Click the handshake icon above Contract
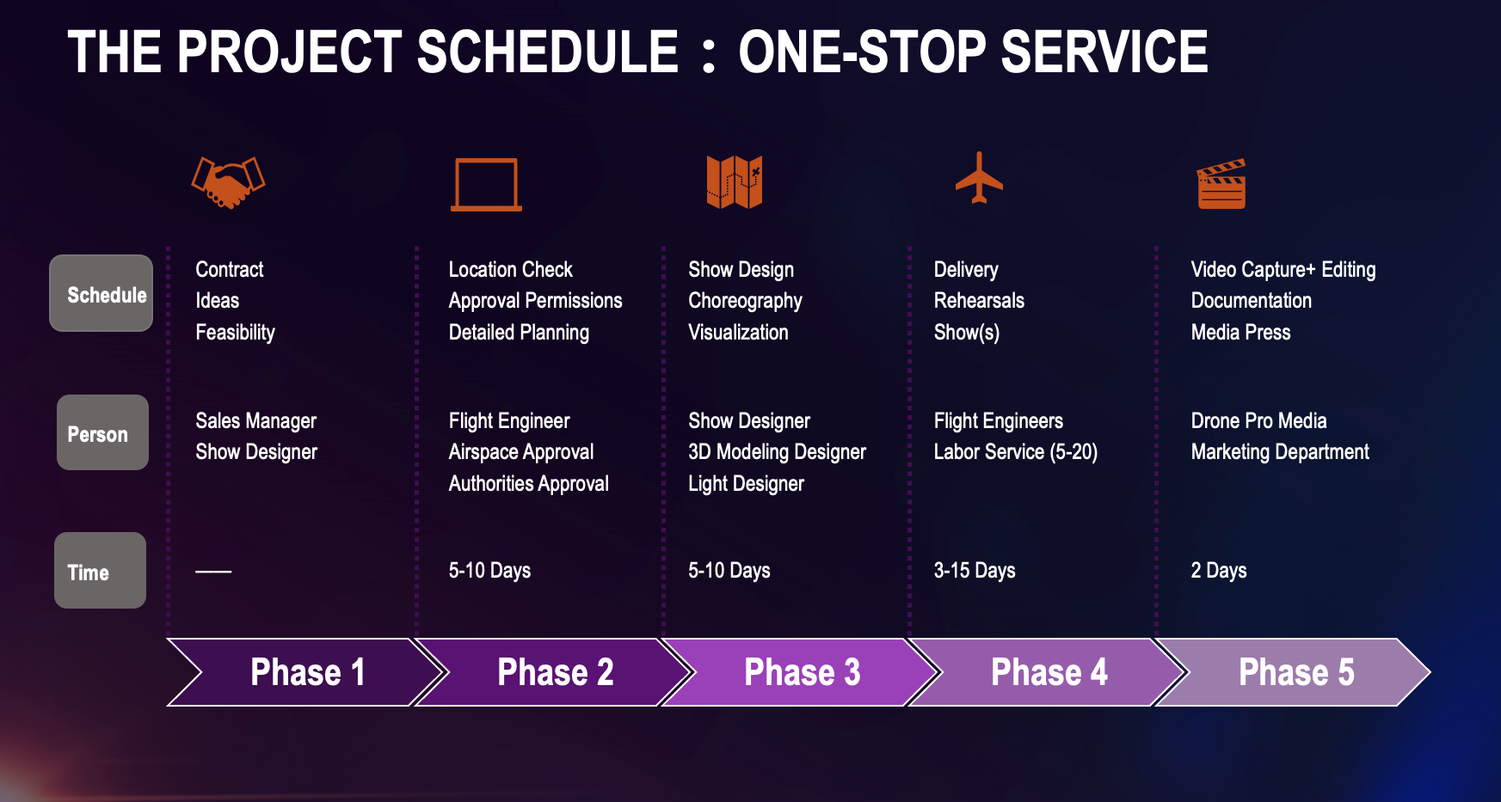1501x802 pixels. (x=228, y=182)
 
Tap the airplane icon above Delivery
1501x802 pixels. (x=979, y=178)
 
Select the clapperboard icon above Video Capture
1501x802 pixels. (x=1221, y=184)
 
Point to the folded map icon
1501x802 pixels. (x=735, y=182)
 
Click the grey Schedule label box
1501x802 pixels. (x=102, y=293)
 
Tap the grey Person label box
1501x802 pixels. (x=102, y=432)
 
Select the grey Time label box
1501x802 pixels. (x=100, y=570)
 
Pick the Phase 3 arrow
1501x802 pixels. (x=801, y=672)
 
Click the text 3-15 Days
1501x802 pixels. (x=975, y=570)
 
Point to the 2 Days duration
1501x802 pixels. (x=1219, y=570)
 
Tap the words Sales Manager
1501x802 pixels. (x=255, y=420)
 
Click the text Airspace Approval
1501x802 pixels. (x=521, y=452)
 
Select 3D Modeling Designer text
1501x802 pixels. (x=777, y=452)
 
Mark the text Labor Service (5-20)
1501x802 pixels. (x=1016, y=452)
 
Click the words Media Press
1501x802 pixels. (x=1240, y=332)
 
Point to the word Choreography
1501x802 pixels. (x=745, y=301)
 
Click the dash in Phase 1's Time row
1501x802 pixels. (x=213, y=572)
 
